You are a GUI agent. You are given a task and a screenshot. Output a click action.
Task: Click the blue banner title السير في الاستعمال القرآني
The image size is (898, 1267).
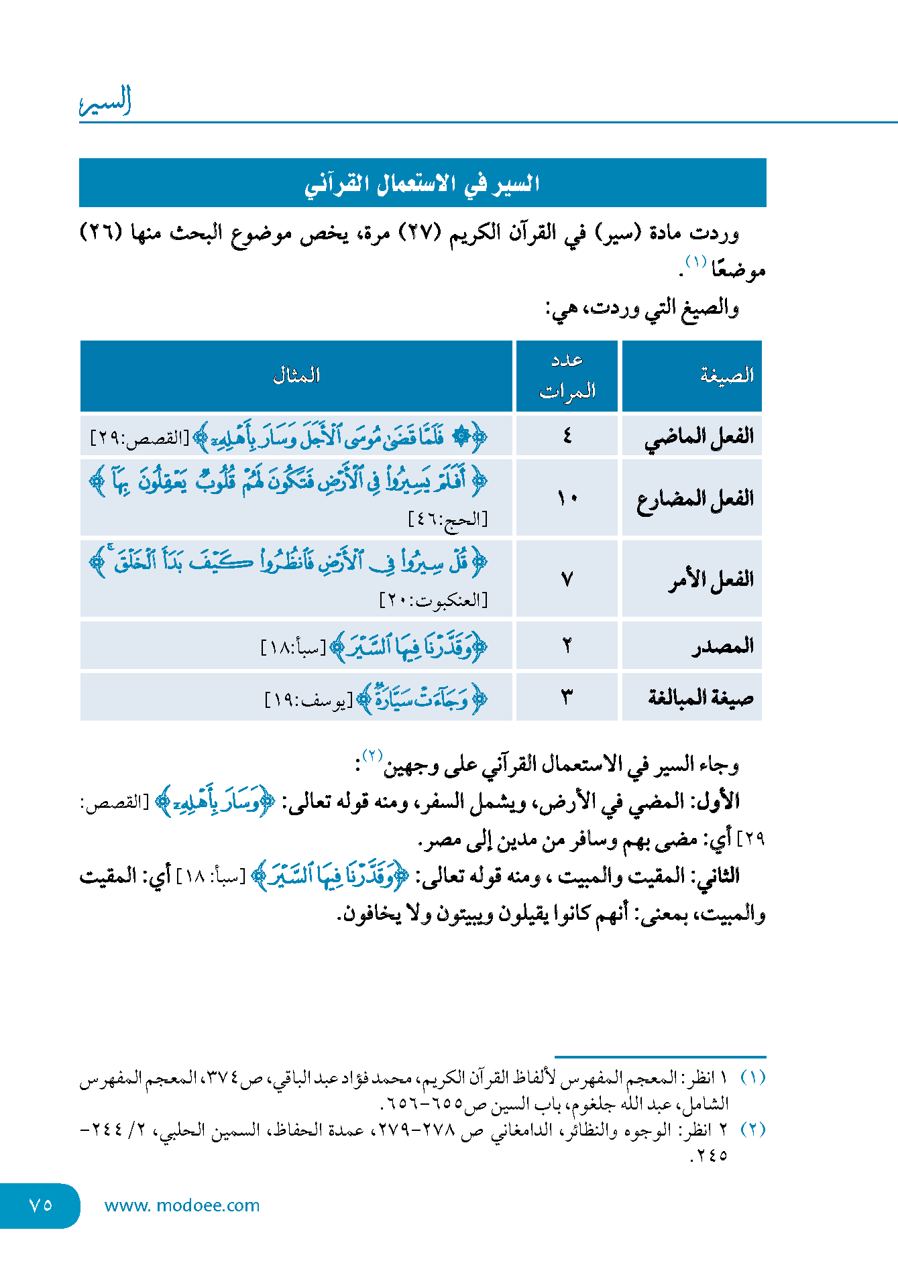(x=423, y=183)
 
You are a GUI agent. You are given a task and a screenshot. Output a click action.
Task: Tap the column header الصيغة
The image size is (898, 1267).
(x=727, y=375)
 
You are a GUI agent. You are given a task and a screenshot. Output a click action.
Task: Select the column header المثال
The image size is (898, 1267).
(x=296, y=375)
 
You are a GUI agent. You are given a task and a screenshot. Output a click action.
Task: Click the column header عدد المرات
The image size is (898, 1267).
(x=567, y=375)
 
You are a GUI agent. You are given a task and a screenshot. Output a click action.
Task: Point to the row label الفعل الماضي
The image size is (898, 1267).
(x=699, y=437)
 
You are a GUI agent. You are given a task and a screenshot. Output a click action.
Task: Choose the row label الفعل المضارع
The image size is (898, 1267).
(x=695, y=499)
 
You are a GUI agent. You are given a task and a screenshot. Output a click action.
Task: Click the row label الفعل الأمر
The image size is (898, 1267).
(x=710, y=579)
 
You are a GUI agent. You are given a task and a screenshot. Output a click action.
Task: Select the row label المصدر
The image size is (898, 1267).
(x=723, y=646)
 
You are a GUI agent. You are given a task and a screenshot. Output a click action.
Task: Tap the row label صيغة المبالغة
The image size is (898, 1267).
(x=700, y=698)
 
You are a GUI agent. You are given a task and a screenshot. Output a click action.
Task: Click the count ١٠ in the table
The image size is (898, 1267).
(x=567, y=499)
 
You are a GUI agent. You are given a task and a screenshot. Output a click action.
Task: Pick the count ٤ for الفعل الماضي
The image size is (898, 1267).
(x=567, y=436)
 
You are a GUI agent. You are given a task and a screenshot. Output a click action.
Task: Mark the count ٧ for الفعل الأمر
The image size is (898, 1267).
(x=567, y=579)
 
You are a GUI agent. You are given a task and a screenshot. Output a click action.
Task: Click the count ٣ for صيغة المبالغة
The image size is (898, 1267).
(x=567, y=698)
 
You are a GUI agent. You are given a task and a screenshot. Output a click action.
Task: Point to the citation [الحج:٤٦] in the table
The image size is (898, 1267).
(x=448, y=520)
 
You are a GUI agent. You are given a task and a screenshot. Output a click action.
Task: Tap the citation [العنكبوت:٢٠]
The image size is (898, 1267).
(x=433, y=600)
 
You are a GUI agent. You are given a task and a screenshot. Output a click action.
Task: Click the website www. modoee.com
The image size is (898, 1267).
(x=182, y=1205)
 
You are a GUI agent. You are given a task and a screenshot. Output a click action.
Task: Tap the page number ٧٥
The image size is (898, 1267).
(x=40, y=1205)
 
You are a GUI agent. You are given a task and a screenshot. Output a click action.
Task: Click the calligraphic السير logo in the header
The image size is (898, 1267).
(x=105, y=102)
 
